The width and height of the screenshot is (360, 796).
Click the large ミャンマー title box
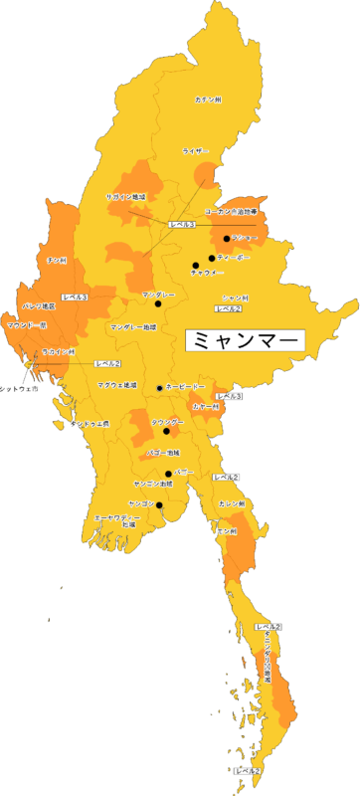tap(245, 339)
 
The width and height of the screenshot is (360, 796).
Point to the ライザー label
tap(196, 151)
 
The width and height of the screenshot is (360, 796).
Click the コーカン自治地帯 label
tap(231, 212)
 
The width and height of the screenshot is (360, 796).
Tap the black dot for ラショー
tap(227, 239)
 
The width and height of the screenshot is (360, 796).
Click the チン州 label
tap(57, 260)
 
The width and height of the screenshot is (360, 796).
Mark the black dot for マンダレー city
tap(157, 303)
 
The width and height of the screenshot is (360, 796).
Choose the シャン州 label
tap(235, 298)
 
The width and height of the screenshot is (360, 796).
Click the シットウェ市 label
tap(19, 389)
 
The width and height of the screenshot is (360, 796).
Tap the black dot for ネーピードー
tap(160, 386)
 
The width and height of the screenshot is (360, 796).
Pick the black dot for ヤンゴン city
tap(160, 504)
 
